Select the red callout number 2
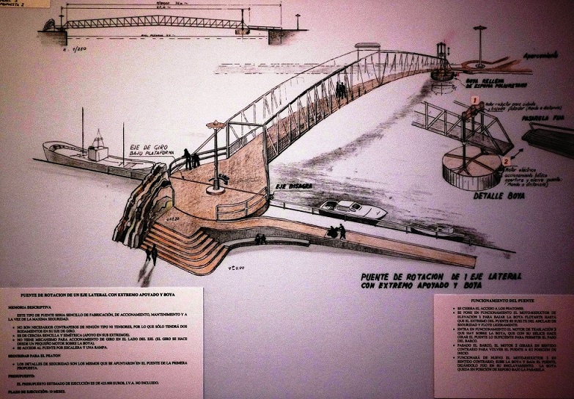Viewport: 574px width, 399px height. pos(505,160)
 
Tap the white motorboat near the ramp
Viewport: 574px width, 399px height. pos(353,209)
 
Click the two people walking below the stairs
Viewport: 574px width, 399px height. pos(152,254)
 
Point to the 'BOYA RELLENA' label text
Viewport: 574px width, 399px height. pos(490,76)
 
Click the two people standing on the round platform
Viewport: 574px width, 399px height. pos(191,158)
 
